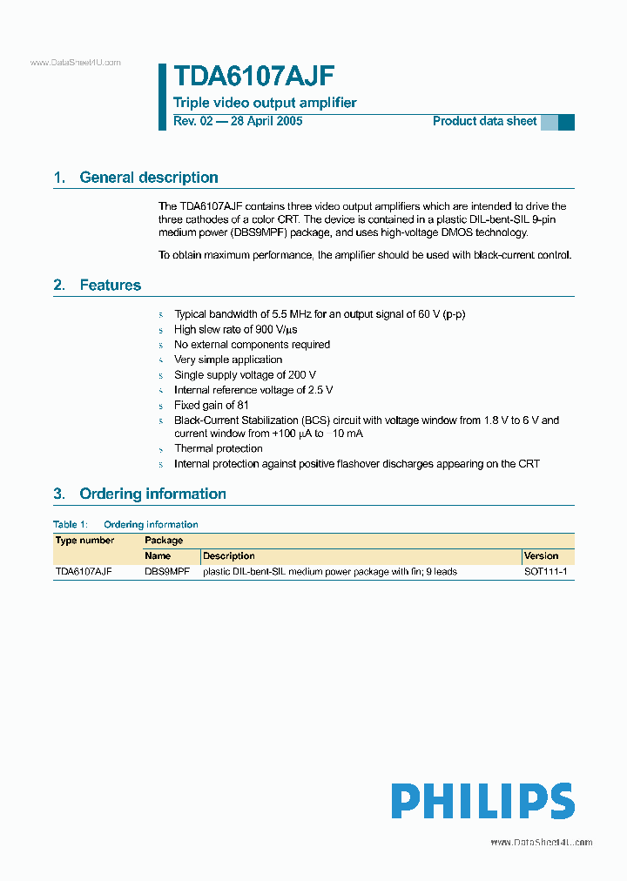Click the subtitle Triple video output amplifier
265,103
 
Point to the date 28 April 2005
266,121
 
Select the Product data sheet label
484,121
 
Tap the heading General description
148,178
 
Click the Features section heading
110,286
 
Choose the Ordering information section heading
152,494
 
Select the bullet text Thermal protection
218,448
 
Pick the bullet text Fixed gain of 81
212,405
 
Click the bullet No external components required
252,345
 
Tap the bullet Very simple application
228,360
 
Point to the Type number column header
84,541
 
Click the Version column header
541,555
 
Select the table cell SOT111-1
545,572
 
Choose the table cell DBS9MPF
166,572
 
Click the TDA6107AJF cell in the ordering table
84,572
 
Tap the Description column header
228,555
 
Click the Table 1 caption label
71,525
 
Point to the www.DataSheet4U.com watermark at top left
75,63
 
